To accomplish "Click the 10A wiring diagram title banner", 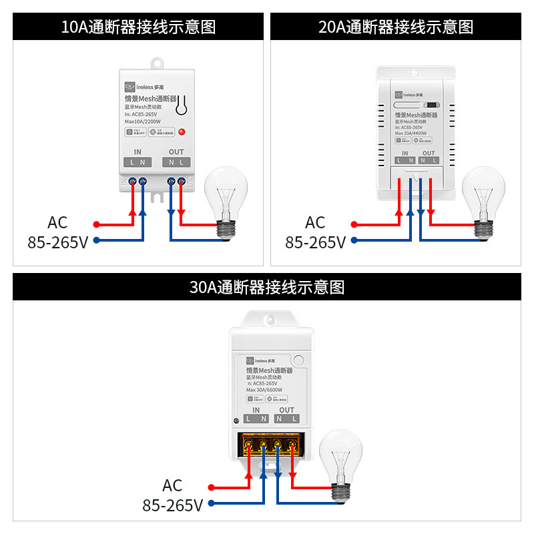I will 138,27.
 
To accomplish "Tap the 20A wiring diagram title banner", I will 396,27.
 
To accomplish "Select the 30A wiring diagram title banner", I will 267,288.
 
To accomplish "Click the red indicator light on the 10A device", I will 182,131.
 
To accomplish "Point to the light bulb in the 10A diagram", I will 225,195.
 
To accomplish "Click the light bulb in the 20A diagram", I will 483,195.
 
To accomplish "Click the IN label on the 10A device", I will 138,152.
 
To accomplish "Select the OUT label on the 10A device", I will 176,152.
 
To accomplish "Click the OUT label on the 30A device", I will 286,410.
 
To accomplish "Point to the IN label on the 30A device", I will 256,410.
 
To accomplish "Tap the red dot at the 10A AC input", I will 96,224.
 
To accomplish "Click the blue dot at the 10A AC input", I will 96,240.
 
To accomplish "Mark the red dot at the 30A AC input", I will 211,487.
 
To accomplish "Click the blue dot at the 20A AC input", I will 354,240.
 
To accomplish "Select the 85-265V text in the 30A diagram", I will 172,505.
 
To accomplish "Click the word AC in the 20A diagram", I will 315,222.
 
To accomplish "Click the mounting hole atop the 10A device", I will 158,63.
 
